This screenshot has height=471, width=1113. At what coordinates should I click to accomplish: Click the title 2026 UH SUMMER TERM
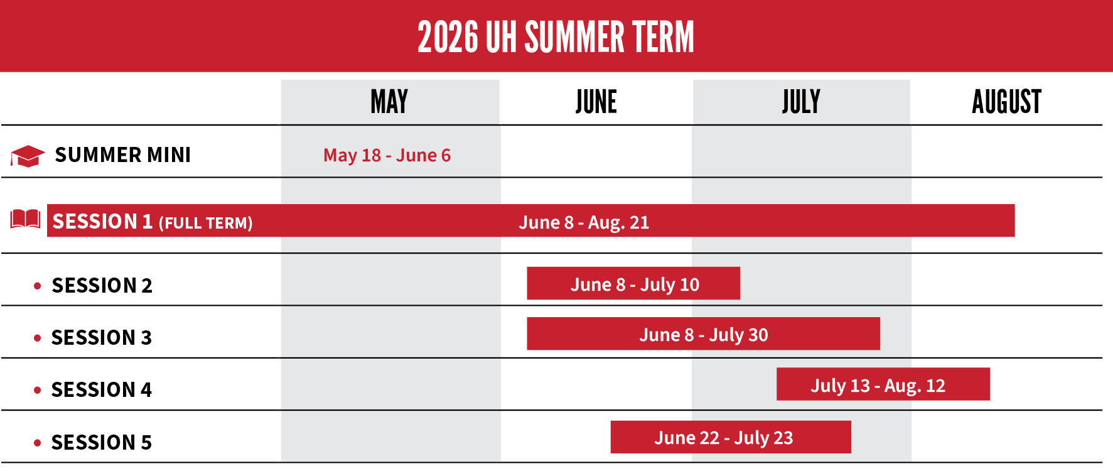coord(556,36)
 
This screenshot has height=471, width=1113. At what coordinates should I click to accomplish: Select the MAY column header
coord(389,102)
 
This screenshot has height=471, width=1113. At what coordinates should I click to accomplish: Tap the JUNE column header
coord(596,102)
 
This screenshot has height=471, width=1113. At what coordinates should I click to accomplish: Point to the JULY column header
coord(801,102)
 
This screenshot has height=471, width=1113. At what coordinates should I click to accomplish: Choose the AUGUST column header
coord(1006,102)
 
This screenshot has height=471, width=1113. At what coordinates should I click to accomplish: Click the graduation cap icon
coord(27,156)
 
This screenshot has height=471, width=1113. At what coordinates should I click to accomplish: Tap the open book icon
coord(26,219)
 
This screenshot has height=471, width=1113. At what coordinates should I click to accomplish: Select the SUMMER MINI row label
coord(123,155)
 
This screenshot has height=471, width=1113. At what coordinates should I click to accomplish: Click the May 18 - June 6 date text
coord(387,155)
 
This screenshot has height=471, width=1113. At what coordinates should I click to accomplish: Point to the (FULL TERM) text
coord(205,223)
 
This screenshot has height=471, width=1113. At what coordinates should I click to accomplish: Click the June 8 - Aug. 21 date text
coord(584,222)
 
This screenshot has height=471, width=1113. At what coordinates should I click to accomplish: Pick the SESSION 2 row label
coord(102,286)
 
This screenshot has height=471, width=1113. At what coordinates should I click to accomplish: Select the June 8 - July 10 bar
coord(633,284)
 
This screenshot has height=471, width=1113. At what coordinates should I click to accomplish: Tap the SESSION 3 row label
coord(102,338)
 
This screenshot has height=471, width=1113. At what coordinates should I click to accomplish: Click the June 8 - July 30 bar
coord(703,334)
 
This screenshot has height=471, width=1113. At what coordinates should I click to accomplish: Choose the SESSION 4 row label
coord(102,390)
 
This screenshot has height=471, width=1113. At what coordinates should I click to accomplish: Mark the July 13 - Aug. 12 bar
coord(883,384)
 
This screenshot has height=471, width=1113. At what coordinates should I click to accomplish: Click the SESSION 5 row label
coord(102,443)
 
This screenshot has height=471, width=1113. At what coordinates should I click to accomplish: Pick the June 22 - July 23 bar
coord(731,437)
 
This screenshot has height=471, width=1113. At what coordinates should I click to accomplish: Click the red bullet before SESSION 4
coord(38,391)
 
